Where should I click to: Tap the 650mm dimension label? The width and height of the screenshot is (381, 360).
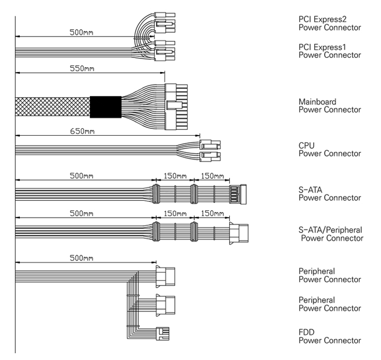(82, 130)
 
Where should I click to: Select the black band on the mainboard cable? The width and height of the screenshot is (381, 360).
(105, 106)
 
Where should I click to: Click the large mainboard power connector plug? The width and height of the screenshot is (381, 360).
(176, 106)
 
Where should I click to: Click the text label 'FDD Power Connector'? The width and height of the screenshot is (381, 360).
(329, 337)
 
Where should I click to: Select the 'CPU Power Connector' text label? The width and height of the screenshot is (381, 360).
(329, 150)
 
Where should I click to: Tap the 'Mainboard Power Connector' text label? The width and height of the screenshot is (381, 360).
(329, 106)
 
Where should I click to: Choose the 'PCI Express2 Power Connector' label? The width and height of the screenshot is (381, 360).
(329, 23)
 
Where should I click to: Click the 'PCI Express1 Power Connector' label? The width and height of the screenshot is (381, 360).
(329, 51)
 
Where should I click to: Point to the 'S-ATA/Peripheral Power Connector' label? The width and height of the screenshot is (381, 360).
(330, 234)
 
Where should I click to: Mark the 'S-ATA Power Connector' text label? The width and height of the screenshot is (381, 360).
(329, 194)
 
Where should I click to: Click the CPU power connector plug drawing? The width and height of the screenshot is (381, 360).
(210, 151)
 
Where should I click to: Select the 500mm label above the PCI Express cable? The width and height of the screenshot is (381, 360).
(82, 32)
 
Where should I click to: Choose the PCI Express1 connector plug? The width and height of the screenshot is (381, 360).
(165, 50)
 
